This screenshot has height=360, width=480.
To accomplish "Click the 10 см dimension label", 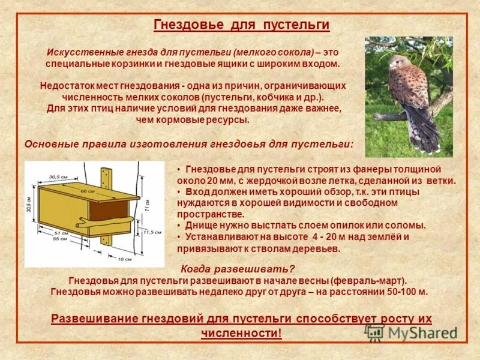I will click(x=124, y=259).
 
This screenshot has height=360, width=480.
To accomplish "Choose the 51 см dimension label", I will click(x=61, y=232).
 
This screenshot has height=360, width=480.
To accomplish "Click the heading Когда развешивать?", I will click(x=238, y=269).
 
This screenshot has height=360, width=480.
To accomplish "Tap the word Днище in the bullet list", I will click(x=200, y=225).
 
